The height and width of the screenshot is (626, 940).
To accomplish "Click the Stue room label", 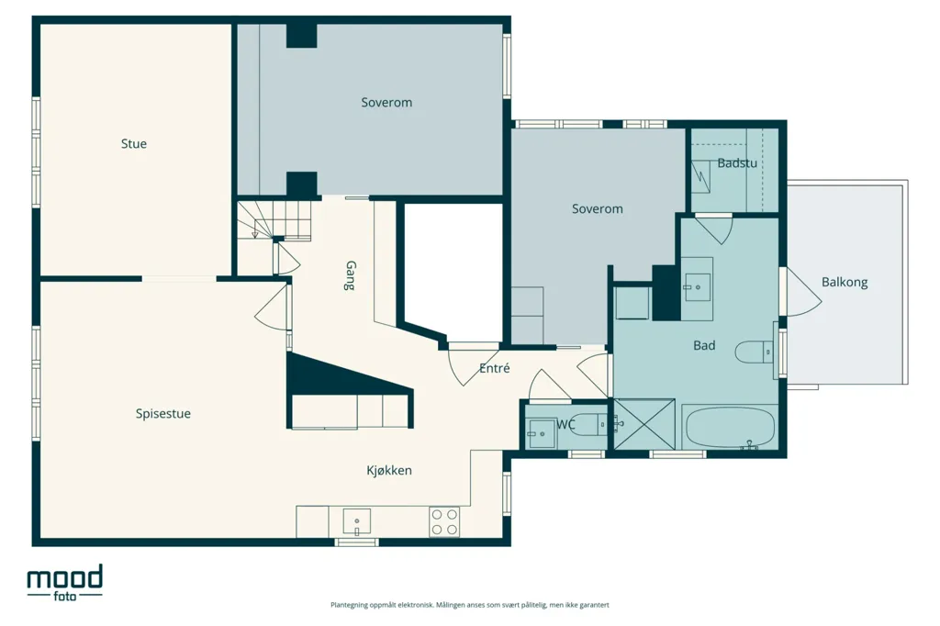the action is [x=134, y=144].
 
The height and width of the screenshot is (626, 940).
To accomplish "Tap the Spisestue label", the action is [x=163, y=414].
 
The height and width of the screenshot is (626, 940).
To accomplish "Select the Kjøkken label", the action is [x=389, y=471].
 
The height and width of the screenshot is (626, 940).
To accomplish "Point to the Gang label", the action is [x=350, y=275].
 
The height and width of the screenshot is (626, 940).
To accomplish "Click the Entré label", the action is [x=495, y=368].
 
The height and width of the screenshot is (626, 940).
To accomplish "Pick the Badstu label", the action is [x=737, y=163].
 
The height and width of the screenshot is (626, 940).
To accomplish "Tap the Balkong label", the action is [x=845, y=282].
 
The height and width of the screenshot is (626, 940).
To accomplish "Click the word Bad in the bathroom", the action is [x=704, y=345].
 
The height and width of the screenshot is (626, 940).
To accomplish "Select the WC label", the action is [x=565, y=425].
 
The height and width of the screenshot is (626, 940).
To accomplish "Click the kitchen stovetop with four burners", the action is [x=444, y=521].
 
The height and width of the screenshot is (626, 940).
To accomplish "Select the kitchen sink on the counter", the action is [x=356, y=521].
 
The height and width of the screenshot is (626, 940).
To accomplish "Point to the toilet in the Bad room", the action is [x=755, y=352].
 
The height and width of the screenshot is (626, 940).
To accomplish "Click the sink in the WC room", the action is [x=542, y=430].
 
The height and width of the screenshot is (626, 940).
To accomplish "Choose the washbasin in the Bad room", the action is [x=698, y=287].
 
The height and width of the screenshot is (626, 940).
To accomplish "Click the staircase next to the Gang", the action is [x=274, y=220].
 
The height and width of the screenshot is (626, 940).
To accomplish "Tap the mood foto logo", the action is [x=65, y=583].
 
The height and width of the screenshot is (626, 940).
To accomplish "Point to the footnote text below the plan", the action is [x=470, y=605].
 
